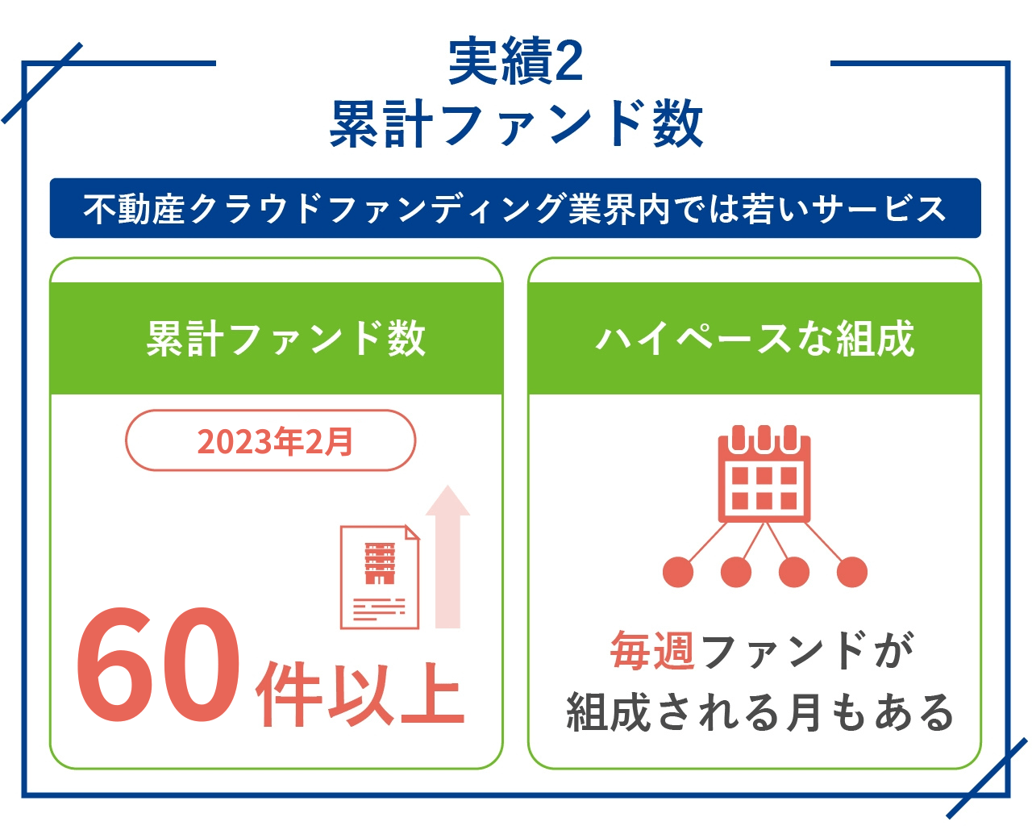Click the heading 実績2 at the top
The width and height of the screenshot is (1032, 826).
point(515,61)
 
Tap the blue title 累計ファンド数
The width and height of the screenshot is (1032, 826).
point(516,123)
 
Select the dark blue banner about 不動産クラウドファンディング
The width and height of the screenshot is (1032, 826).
point(515,208)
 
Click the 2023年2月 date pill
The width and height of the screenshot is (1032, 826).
point(270,440)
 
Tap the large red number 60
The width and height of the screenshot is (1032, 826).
point(158,665)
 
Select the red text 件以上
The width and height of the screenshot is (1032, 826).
point(360,694)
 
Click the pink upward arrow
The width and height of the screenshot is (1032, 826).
point(448,557)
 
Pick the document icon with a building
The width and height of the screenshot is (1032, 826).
point(380,577)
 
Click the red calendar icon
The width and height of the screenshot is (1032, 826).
point(764,473)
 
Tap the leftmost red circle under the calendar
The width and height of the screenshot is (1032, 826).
point(678,572)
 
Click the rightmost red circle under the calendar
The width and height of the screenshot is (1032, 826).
point(852,572)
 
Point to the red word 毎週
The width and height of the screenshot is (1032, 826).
point(652,650)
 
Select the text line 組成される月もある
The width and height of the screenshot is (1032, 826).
point(759,712)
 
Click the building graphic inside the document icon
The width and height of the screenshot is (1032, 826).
point(380,563)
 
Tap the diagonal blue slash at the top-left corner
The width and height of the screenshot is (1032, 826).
point(42,83)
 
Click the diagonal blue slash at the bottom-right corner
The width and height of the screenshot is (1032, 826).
point(987,778)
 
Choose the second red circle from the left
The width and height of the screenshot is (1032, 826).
point(735,572)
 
